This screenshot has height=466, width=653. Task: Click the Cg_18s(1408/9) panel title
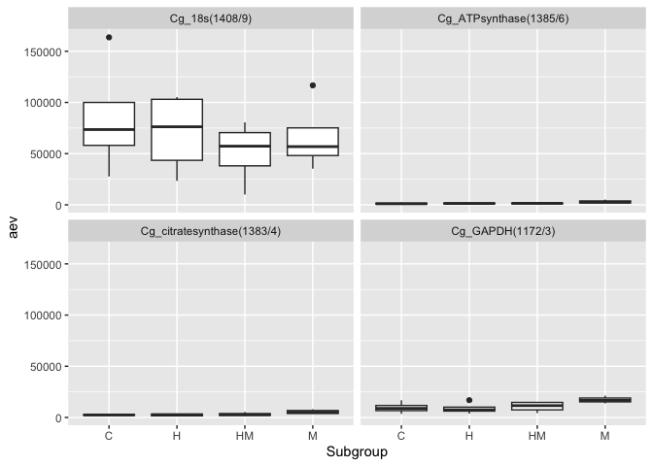(211, 18)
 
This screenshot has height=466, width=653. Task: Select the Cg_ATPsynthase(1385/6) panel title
(502, 18)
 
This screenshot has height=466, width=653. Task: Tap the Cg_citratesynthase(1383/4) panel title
(211, 231)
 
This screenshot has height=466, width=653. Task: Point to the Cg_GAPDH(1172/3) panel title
(502, 231)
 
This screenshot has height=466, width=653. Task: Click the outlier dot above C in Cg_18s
(109, 38)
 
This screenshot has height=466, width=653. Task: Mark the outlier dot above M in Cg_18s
(313, 85)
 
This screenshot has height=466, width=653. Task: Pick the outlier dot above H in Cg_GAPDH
(469, 400)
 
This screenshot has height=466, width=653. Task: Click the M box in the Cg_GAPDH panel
(605, 399)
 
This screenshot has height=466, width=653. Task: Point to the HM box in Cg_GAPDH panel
(537, 406)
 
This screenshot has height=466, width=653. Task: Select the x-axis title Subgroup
(356, 452)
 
